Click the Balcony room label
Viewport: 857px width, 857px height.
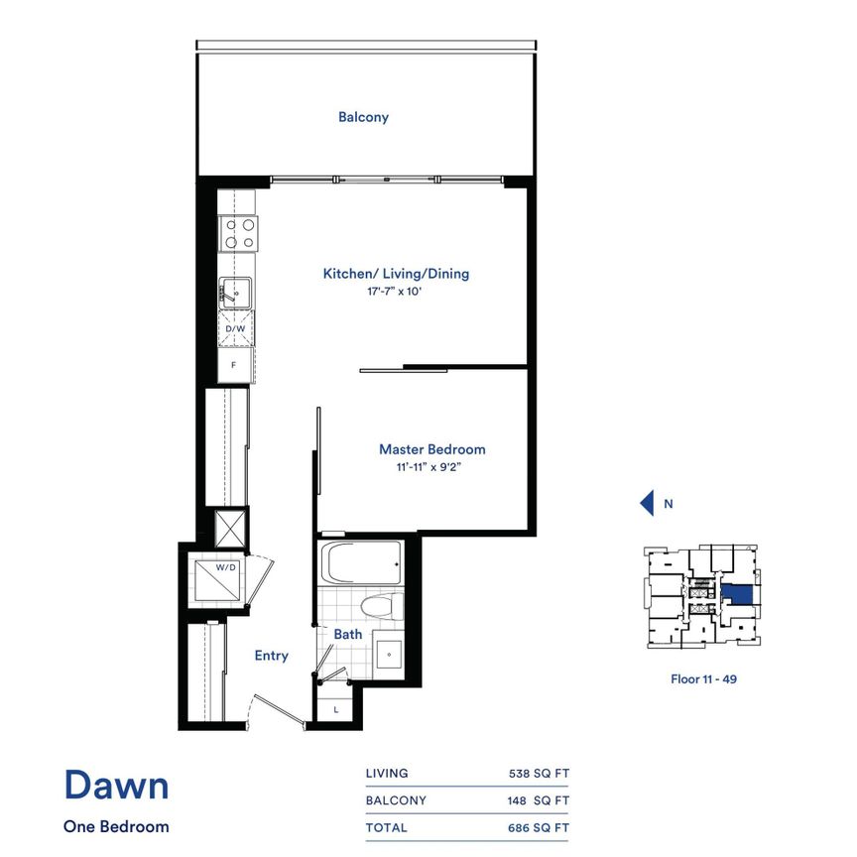click(x=363, y=117)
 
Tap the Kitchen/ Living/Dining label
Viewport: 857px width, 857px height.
click(x=396, y=274)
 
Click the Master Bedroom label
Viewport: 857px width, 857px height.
click(x=432, y=449)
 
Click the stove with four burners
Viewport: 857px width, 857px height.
click(x=237, y=233)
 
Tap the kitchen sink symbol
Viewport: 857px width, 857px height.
click(x=236, y=293)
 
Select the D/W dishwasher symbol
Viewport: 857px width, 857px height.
click(x=236, y=328)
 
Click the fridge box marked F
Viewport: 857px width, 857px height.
click(x=235, y=365)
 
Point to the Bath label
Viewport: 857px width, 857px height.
click(x=348, y=634)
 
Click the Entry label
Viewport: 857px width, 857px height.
click(x=271, y=656)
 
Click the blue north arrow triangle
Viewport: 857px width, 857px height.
click(x=647, y=504)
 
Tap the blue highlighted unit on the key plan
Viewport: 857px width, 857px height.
click(x=736, y=595)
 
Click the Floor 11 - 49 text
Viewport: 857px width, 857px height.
click(x=702, y=679)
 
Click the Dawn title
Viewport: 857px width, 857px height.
click(x=116, y=786)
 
